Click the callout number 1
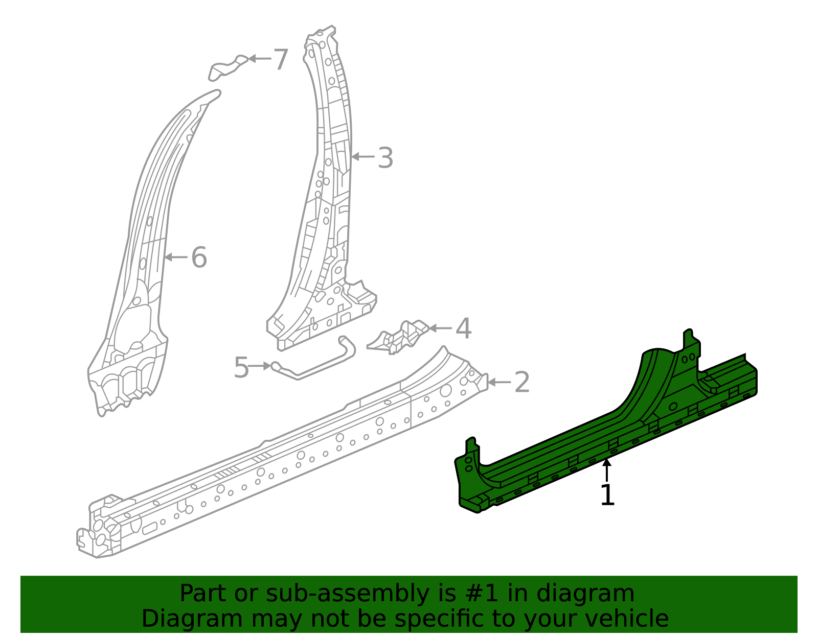tap(607, 495)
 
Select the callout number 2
tap(522, 382)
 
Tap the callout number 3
tap(385, 158)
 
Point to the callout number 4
tap(463, 328)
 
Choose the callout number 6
tap(199, 257)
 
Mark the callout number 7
tap(281, 60)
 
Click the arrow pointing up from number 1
tap(607, 469)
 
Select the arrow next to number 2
tap(499, 382)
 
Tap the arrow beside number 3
tap(363, 157)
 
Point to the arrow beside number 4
tap(440, 328)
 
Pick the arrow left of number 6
tap(176, 257)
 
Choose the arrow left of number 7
tap(259, 59)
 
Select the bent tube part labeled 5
tap(317, 361)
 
